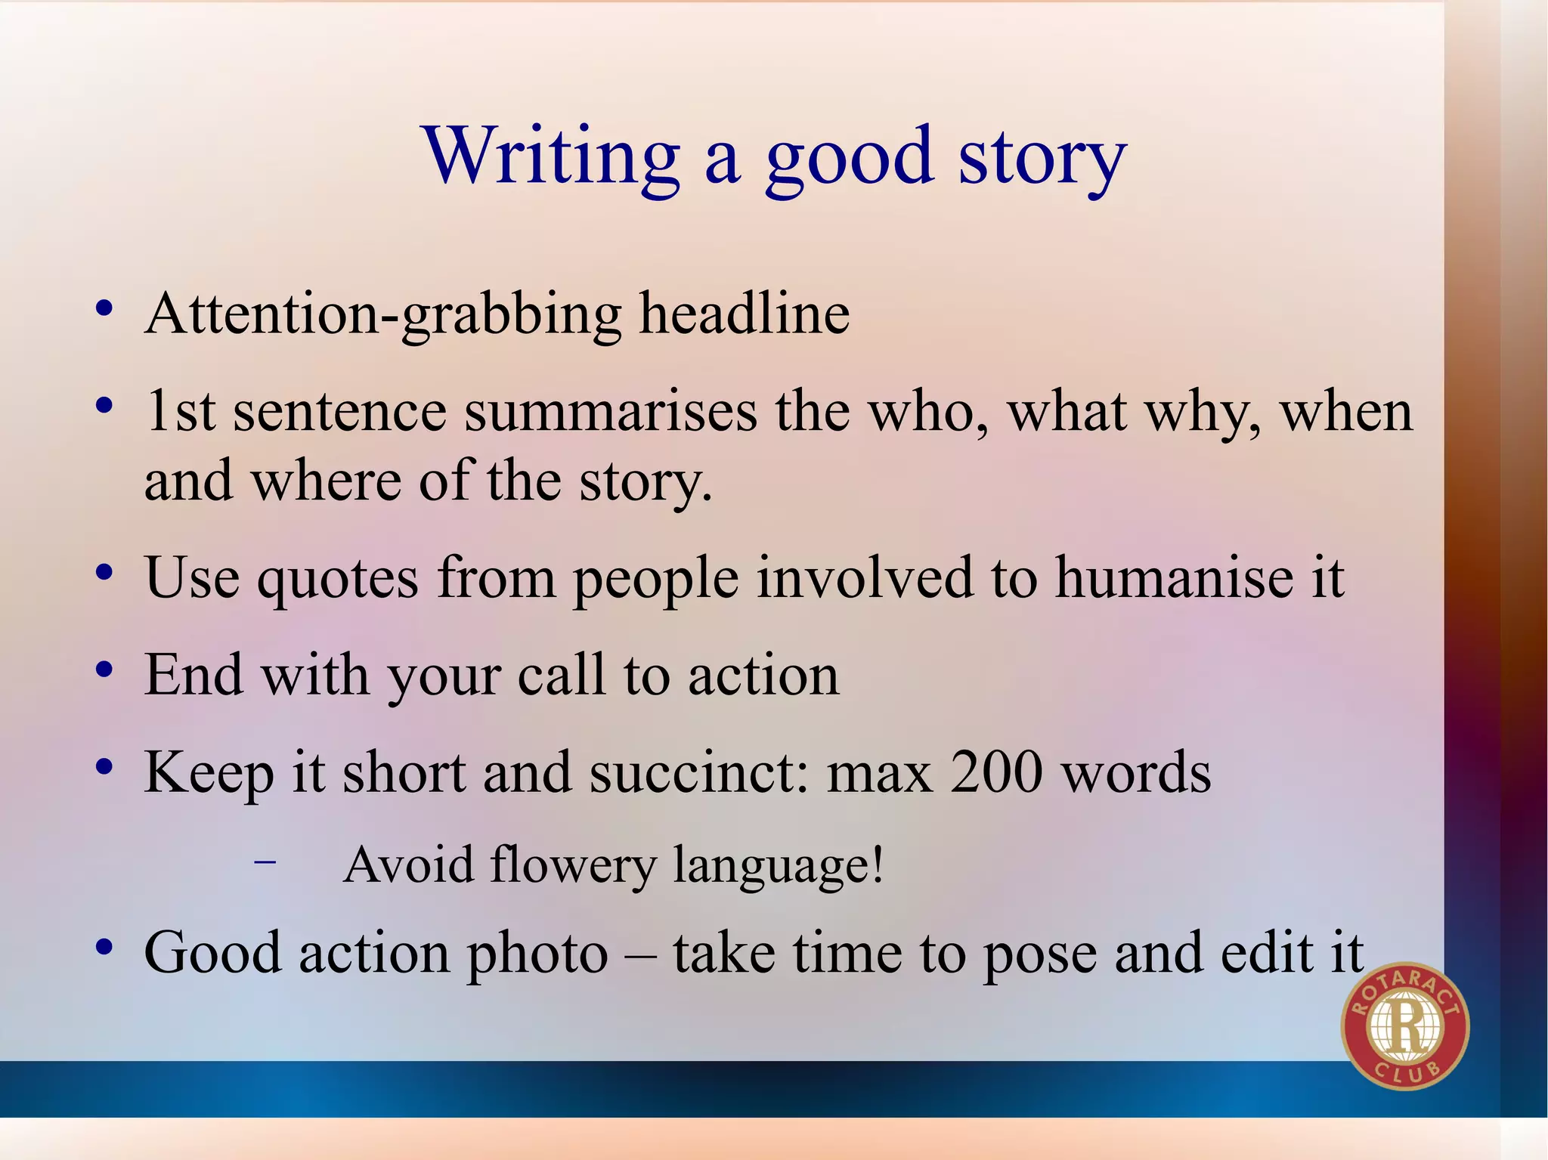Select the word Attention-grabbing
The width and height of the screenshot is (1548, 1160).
384,314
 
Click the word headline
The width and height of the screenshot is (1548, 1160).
745,314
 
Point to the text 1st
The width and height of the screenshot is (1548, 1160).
180,412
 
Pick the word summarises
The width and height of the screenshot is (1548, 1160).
610,412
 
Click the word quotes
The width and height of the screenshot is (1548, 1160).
337,579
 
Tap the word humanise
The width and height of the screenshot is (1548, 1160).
1174,578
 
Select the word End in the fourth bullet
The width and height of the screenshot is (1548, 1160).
193,675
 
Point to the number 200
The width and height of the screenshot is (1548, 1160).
997,772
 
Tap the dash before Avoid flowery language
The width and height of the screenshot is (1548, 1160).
265,861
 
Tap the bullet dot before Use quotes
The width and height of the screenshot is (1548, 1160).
104,573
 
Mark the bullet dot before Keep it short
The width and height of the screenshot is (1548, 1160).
104,767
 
